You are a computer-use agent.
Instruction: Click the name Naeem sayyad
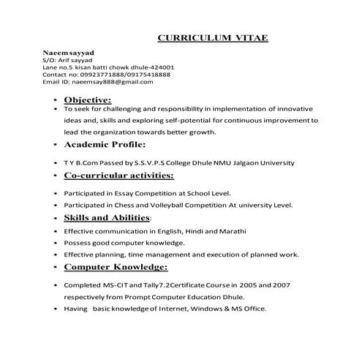tap(68, 53)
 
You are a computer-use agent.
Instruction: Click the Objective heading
tap(88, 99)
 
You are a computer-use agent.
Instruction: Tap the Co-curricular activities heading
tap(119, 176)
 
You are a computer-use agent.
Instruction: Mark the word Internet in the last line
tap(173, 309)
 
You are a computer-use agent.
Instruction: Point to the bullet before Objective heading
tap(56, 100)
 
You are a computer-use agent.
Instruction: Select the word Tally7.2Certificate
tap(157, 284)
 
